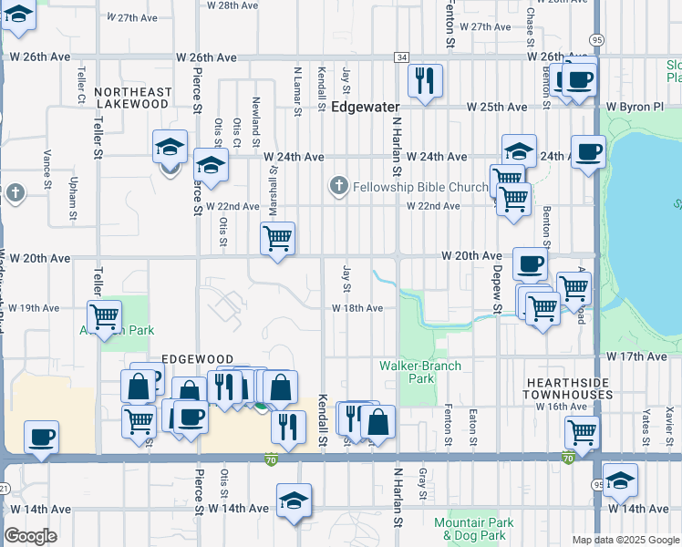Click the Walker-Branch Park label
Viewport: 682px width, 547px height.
pyautogui.click(x=420, y=372)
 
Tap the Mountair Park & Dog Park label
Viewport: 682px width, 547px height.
pyautogui.click(x=469, y=529)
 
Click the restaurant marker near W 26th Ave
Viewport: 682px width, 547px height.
pyautogui.click(x=426, y=80)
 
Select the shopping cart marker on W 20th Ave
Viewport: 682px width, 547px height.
pyautogui.click(x=278, y=239)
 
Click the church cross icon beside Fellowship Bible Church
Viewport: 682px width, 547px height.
pyautogui.click(x=338, y=187)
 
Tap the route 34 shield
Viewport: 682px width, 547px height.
pyautogui.click(x=401, y=57)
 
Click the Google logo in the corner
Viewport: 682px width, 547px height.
pyautogui.click(x=31, y=536)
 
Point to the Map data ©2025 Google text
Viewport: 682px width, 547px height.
pyautogui.click(x=626, y=540)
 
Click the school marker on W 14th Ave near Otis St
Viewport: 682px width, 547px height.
pyautogui.click(x=294, y=501)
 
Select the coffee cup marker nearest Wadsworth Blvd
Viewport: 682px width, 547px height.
pyautogui.click(x=41, y=437)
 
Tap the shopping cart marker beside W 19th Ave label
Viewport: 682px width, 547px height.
pyautogui.click(x=105, y=317)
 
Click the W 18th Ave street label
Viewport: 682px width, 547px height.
pyautogui.click(x=357, y=308)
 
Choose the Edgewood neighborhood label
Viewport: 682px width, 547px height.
pyautogui.click(x=198, y=360)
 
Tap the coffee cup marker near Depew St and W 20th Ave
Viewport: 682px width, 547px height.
pyautogui.click(x=530, y=264)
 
